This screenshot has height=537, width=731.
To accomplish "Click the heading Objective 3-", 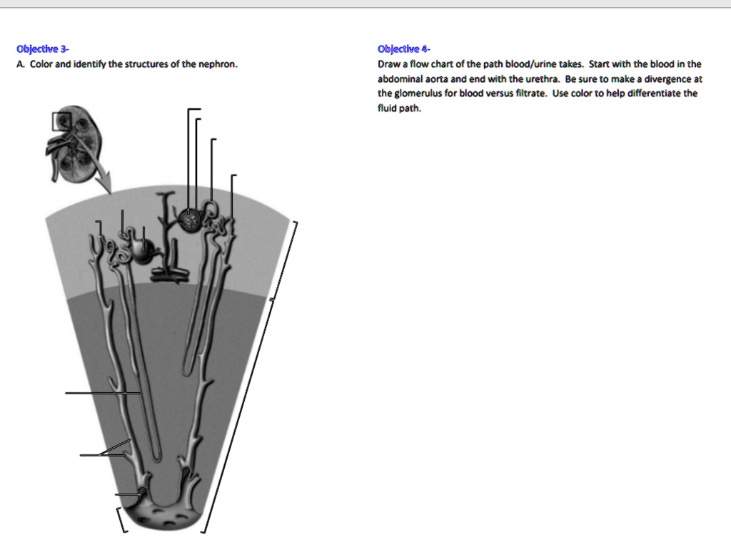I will coord(43,49).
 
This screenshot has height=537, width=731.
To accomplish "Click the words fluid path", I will coord(400,108).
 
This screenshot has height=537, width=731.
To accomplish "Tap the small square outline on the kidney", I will coord(62,121).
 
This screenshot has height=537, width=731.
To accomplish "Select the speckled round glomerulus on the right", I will coord(191,220).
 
